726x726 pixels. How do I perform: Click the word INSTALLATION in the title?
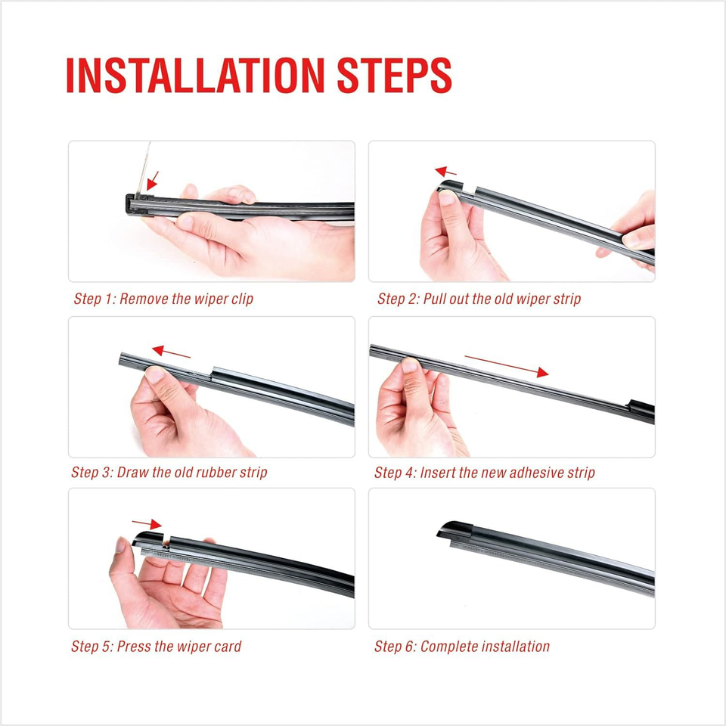(x=195, y=76)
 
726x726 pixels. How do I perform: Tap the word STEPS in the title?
(x=394, y=76)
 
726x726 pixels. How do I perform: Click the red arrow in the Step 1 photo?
(x=152, y=181)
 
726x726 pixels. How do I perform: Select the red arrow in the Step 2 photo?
(x=445, y=172)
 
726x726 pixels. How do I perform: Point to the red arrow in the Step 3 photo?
(x=171, y=352)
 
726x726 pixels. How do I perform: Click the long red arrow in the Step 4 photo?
(x=507, y=366)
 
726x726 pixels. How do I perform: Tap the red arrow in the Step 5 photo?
(x=147, y=523)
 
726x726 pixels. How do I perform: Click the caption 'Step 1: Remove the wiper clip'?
(x=163, y=299)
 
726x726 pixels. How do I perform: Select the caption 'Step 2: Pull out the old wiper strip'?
(x=479, y=299)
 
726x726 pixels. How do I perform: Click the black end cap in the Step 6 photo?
(x=455, y=529)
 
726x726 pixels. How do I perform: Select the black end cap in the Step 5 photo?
(x=148, y=538)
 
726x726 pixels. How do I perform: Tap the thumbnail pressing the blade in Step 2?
(x=447, y=197)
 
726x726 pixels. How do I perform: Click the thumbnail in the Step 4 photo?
(x=410, y=365)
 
